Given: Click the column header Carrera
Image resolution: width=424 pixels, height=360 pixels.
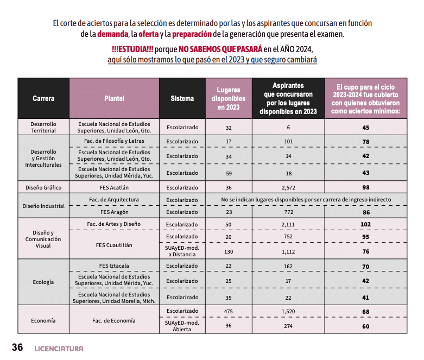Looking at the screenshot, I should click(x=43, y=98).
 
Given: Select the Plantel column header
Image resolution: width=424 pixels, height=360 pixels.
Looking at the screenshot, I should click(x=114, y=98).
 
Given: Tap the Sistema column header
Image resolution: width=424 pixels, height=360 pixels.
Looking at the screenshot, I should click(x=182, y=98).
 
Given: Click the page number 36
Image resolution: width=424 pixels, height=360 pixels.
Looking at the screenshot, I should click(x=17, y=348).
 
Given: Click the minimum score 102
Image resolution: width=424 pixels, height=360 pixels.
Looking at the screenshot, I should click(x=365, y=224).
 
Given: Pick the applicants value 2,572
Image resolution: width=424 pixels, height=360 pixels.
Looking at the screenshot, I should click(x=288, y=187).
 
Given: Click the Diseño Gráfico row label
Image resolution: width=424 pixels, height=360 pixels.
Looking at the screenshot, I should click(x=43, y=187).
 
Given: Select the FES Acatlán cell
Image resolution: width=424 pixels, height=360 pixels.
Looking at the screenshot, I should click(x=114, y=187).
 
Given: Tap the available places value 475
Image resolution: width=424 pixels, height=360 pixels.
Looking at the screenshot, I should click(x=229, y=311).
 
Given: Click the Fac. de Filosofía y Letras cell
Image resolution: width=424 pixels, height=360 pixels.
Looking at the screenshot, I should click(x=114, y=142).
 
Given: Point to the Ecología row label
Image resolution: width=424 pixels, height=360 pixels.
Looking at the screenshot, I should click(x=43, y=282).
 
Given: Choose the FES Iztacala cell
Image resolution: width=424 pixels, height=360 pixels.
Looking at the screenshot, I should click(x=114, y=266).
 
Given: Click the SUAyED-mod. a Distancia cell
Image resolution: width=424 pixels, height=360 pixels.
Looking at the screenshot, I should click(x=182, y=251).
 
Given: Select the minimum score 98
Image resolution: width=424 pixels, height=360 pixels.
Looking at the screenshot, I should click(x=365, y=187).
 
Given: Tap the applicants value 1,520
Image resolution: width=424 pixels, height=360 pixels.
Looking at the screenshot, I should click(x=288, y=311).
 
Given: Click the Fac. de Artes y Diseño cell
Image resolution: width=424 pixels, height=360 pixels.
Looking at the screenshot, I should click(x=114, y=224).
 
